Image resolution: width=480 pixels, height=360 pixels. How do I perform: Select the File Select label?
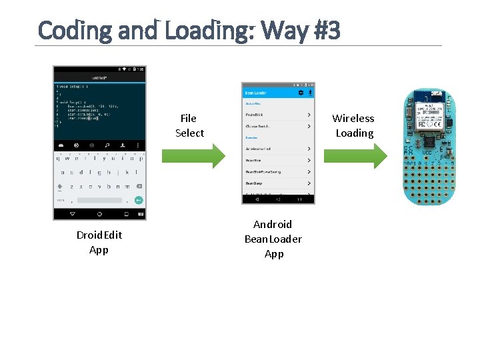pos(189,125)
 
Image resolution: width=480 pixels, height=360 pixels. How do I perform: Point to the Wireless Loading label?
pos(353,125)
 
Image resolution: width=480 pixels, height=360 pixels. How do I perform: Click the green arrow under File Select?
pos(193,156)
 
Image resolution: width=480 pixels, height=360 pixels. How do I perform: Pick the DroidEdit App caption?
pos(99,242)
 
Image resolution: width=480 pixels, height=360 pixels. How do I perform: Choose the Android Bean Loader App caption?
pos(273,239)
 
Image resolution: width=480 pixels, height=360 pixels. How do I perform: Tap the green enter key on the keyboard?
pos(138,199)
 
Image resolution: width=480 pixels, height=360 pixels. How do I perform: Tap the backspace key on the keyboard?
pos(139,186)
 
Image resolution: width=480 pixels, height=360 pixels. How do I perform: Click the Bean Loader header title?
pos(256,93)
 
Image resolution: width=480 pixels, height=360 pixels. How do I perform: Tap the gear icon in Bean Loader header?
pos(301,93)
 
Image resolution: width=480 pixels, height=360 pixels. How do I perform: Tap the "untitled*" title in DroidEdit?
pos(99,79)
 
